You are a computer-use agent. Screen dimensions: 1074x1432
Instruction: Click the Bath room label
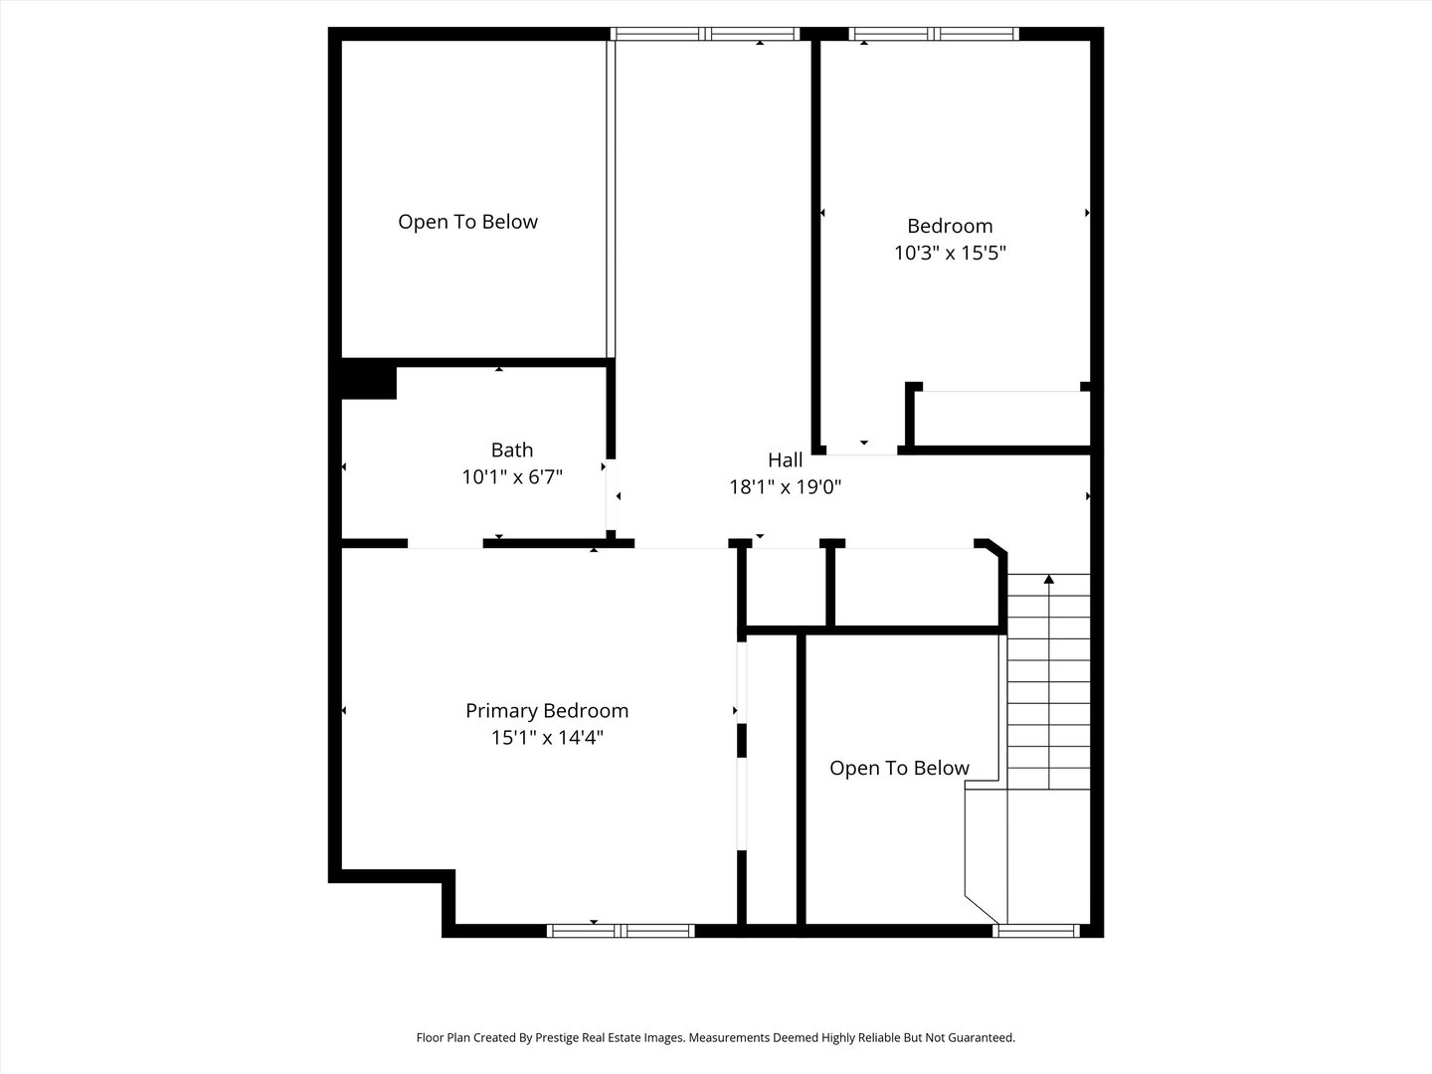[x=511, y=450]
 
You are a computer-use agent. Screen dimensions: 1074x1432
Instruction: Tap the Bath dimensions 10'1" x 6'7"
[x=512, y=477]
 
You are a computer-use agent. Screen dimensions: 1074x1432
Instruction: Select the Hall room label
[x=785, y=460]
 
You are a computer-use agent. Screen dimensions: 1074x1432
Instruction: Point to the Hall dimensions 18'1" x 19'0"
[x=785, y=487]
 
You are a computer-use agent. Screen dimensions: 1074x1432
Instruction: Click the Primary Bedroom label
[x=547, y=711]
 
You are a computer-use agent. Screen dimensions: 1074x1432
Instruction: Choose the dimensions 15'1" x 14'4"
[x=547, y=738]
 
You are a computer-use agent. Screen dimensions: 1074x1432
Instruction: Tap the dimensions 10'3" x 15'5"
[x=950, y=253]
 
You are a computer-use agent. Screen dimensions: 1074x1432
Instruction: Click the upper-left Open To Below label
[x=467, y=222]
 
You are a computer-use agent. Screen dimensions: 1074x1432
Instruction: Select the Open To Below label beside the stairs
[x=899, y=768]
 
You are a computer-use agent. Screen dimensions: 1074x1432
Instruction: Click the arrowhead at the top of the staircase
[x=1049, y=579]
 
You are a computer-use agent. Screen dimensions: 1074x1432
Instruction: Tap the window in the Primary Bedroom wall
[x=621, y=931]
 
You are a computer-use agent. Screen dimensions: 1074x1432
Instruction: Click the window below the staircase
[x=1036, y=931]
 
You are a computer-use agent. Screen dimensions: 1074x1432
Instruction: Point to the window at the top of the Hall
[x=705, y=34]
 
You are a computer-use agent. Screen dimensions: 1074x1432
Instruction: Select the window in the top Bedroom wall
[x=934, y=34]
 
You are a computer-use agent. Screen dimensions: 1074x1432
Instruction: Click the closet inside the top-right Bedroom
[x=1001, y=419]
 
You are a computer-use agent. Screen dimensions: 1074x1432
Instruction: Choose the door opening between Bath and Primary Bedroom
[x=445, y=543]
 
